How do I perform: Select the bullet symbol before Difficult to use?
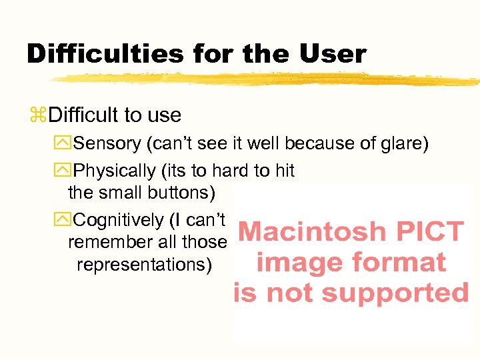click(37, 115)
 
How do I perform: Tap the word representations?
click(144, 265)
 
